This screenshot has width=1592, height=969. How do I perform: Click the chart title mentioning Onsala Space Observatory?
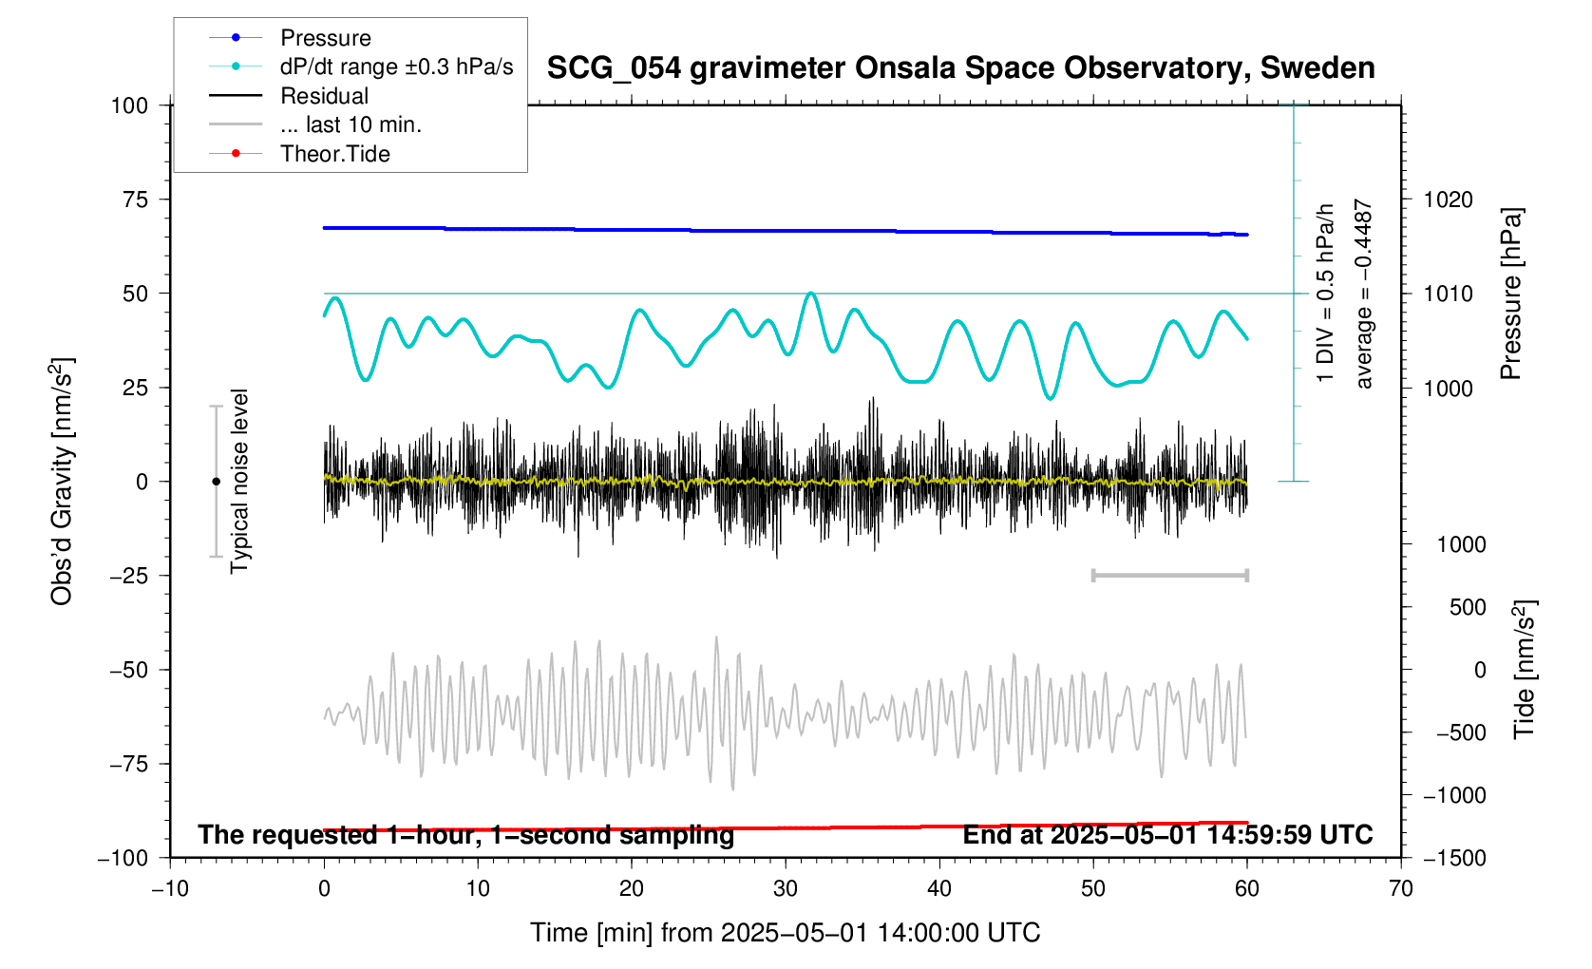[960, 68]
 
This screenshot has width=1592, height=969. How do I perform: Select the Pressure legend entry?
[325, 38]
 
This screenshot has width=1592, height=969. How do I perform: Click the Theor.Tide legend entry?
[334, 154]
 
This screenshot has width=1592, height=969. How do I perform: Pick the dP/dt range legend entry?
[396, 66]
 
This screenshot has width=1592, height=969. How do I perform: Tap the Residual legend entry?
[324, 96]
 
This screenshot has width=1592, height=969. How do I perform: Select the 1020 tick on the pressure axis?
[1448, 199]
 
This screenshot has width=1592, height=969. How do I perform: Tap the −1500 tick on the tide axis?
[1453, 858]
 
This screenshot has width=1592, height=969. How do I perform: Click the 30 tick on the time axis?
[786, 889]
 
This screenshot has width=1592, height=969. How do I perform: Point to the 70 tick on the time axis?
[1400, 889]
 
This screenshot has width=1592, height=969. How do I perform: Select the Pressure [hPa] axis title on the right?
[1510, 294]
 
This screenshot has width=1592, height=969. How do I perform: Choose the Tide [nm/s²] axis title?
[1525, 670]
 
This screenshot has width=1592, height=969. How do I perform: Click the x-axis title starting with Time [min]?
[785, 933]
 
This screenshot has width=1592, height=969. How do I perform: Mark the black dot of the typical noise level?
[216, 482]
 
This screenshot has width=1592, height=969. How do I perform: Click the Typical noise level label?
[239, 481]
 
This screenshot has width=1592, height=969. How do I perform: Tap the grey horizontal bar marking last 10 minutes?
[1169, 575]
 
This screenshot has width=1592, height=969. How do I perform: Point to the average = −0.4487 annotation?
[1364, 294]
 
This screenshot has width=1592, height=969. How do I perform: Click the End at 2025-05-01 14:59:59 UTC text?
[1167, 835]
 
